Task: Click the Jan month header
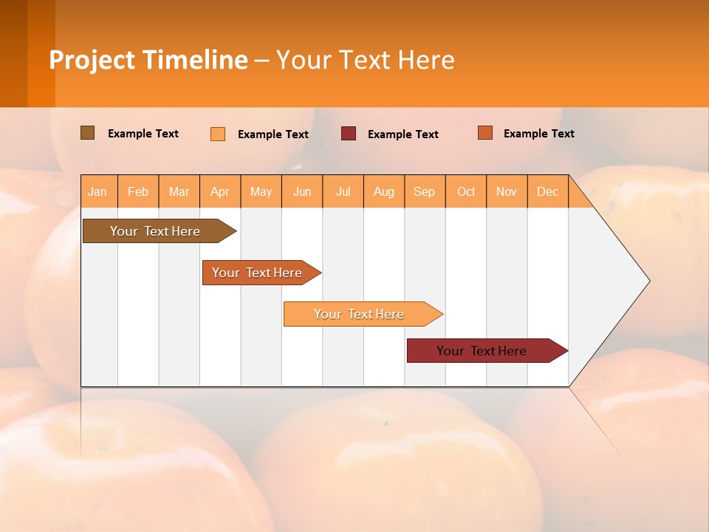pos(97,192)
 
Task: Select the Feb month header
pos(138,192)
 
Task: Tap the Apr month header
pos(220,192)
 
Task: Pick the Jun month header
pos(302,192)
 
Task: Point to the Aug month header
pos(384,192)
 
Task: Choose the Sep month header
pos(425,192)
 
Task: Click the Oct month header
pos(466,192)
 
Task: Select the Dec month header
pos(548,192)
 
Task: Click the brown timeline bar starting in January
pos(155,231)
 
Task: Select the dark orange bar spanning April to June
pos(258,273)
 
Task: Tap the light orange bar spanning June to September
pos(359,314)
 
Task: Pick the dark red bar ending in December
pos(482,351)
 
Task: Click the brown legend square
pos(88,133)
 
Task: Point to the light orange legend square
pos(218,134)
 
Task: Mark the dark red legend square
pos(349,133)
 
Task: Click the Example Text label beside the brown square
pos(143,134)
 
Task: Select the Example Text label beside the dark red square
pos(403,134)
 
